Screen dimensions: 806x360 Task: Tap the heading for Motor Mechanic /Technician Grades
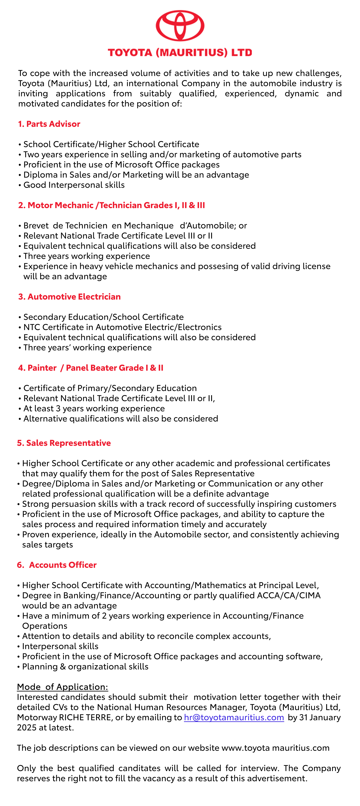(x=111, y=205)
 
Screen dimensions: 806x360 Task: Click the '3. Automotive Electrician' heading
(x=69, y=297)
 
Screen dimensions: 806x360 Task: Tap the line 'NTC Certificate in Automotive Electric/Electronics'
(x=122, y=327)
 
